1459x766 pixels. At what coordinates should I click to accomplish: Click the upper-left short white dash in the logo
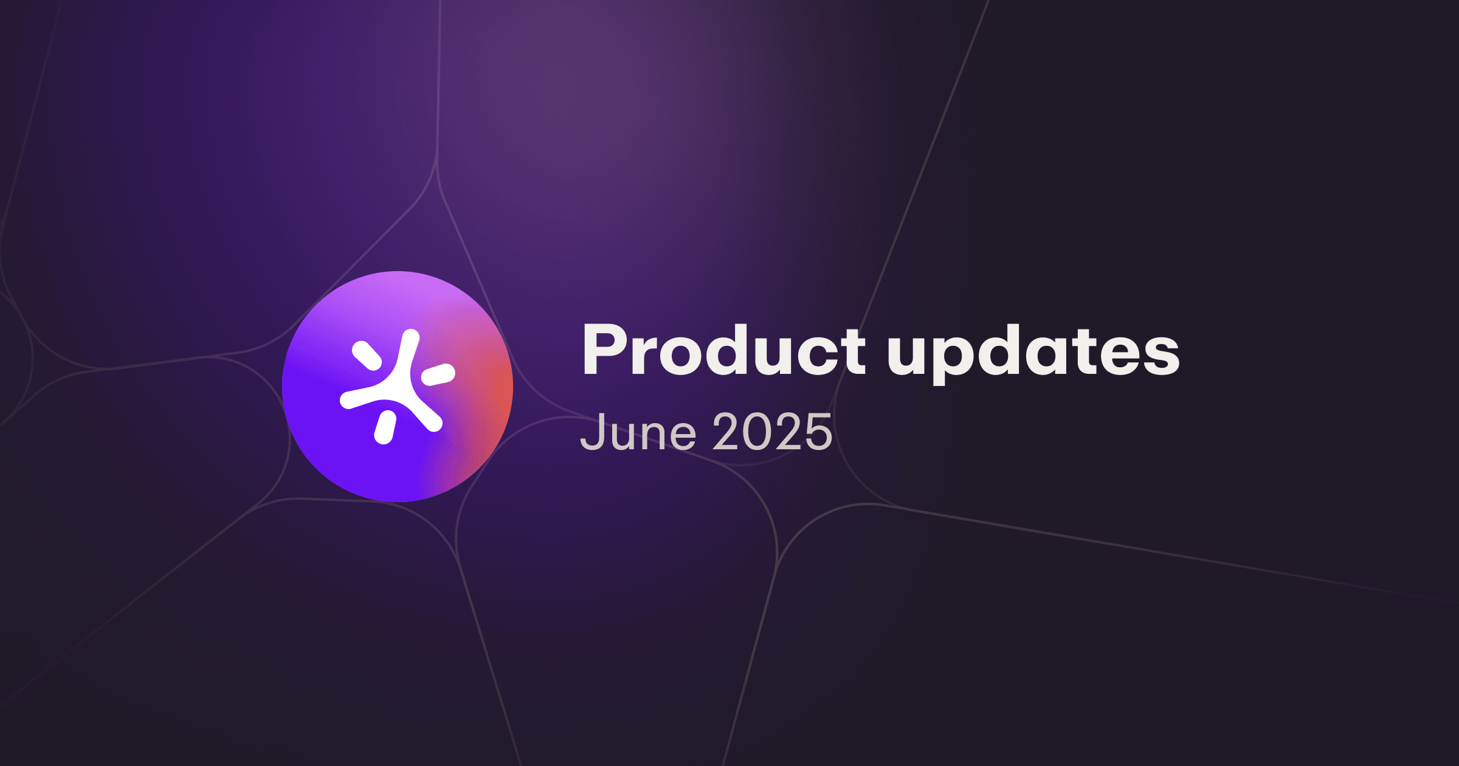(x=367, y=356)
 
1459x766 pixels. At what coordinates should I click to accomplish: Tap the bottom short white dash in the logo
(x=385, y=427)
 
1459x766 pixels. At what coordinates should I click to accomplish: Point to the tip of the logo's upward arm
(x=412, y=337)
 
